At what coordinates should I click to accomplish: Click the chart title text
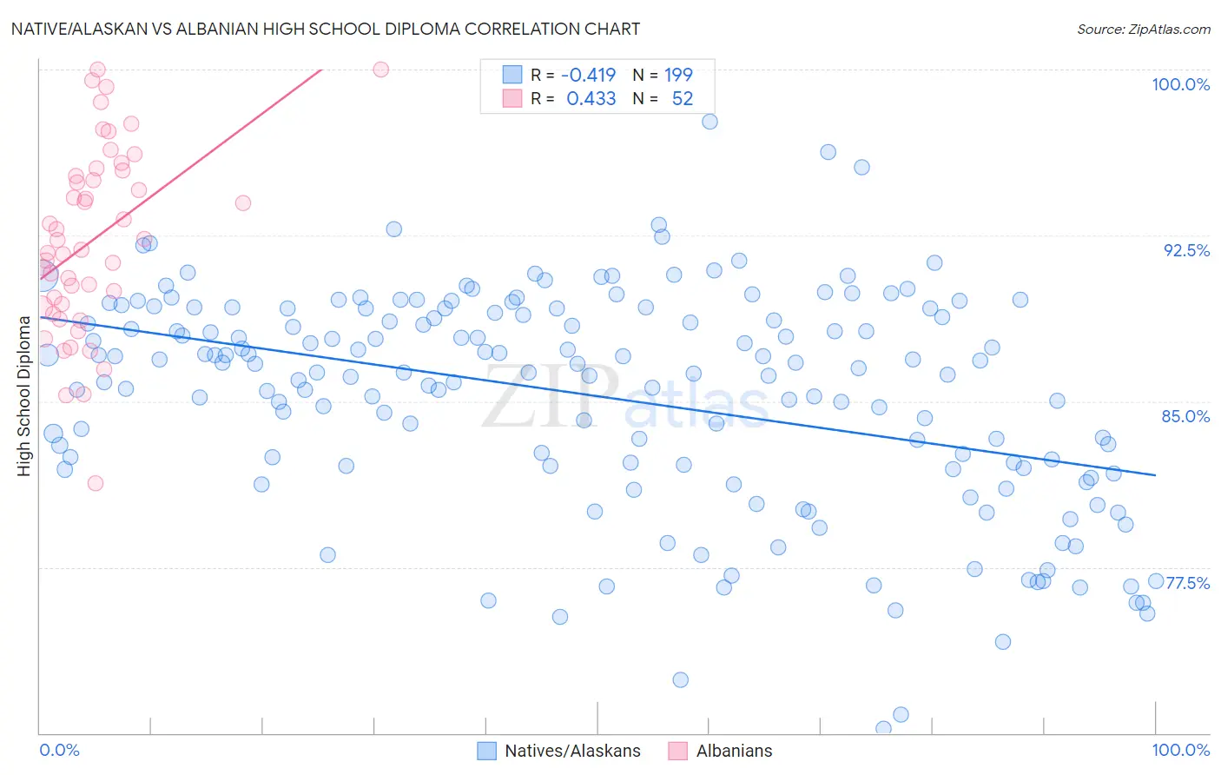(325, 29)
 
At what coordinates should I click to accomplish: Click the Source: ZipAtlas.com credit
(1143, 30)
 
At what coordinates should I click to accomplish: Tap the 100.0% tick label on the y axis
(1180, 84)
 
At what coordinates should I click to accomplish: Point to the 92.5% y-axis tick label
(1186, 250)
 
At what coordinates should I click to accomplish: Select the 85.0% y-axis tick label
(1185, 416)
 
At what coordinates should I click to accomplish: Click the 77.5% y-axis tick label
(1187, 583)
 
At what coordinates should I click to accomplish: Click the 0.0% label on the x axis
(59, 750)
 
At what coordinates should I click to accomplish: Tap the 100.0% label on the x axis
(1180, 750)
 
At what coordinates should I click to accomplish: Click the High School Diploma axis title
(24, 395)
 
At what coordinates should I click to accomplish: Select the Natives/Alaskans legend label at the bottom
(572, 751)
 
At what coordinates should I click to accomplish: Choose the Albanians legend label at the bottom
(734, 751)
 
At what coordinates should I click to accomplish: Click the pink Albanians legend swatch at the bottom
(677, 751)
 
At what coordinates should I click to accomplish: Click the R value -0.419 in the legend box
(588, 76)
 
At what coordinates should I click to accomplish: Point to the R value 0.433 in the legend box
(591, 99)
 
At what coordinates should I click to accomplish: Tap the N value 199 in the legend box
(678, 76)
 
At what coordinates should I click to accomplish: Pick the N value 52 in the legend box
(683, 99)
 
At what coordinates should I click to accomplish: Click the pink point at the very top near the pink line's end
(380, 70)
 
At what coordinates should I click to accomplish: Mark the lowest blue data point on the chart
(883, 728)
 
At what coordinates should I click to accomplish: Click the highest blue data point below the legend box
(709, 122)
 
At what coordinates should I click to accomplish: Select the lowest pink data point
(96, 483)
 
